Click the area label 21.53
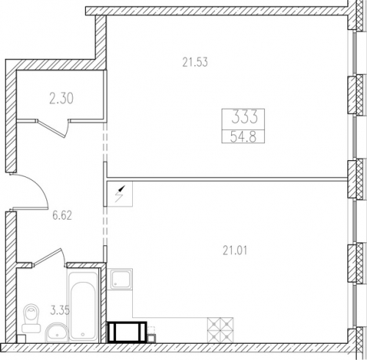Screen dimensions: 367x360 [195, 62]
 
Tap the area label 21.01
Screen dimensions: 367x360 [235, 251]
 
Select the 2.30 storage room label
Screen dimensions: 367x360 [61, 98]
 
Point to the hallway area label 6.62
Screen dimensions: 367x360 [62, 216]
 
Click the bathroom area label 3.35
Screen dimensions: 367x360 [60, 310]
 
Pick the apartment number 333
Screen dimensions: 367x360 [244, 117]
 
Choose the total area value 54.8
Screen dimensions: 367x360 [243, 137]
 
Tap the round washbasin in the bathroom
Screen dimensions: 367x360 [57, 332]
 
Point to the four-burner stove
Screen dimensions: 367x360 [220, 330]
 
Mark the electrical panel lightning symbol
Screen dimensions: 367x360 [120, 194]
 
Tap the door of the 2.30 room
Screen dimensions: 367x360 [53, 128]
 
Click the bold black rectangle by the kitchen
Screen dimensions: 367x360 [127, 332]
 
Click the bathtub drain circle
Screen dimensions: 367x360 [83, 334]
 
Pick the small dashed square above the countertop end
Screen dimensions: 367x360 [152, 330]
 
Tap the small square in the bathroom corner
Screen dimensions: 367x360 [21, 339]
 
